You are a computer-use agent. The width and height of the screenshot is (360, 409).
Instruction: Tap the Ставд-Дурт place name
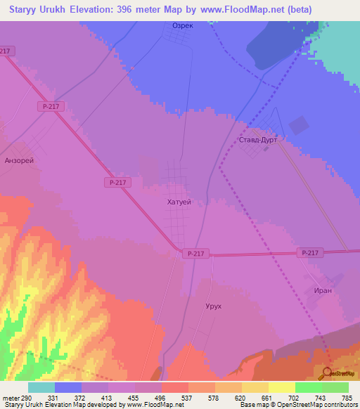258,140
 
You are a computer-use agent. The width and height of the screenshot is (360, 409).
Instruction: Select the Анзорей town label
19,160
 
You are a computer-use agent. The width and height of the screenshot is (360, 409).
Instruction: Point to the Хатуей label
179,202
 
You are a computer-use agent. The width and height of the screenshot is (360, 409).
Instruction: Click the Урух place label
213,307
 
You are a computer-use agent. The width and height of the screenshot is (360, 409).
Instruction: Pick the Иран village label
323,290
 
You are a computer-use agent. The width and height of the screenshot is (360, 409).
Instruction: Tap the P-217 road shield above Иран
309,252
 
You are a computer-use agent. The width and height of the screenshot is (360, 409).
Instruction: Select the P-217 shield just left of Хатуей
118,182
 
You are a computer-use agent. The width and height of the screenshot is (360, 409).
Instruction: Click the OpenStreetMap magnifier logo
328,372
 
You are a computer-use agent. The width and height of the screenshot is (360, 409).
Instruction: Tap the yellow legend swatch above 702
281,387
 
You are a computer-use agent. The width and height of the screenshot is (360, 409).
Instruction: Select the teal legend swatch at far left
41,387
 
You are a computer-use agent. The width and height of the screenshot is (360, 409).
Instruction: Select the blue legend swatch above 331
67,387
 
